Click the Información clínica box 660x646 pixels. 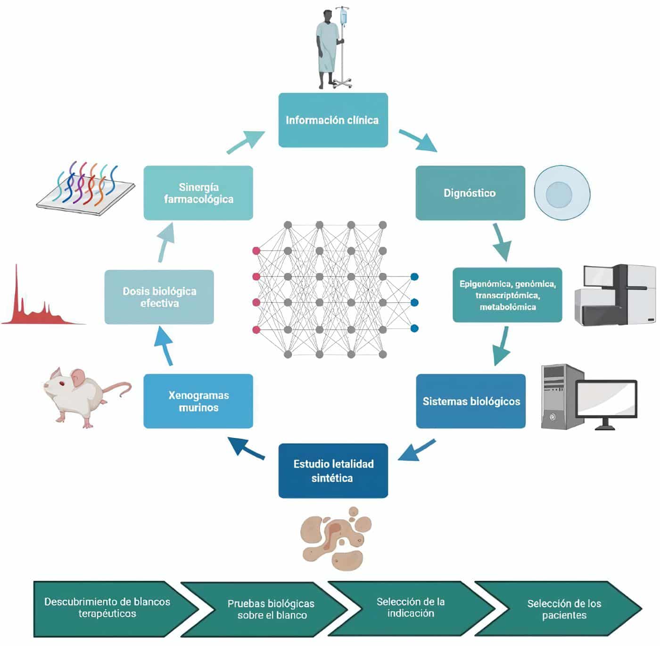coord(333,120)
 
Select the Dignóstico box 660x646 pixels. coord(470,193)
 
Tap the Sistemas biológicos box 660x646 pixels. coord(470,401)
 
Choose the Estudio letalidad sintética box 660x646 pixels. coord(333,470)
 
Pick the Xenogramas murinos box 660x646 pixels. coord(198,401)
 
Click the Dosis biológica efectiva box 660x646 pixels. coord(159,297)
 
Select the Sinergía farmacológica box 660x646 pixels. coord(198,193)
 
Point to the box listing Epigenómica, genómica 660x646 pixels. coord(507,295)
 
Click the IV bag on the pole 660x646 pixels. coord(344,18)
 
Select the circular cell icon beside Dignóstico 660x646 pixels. coord(561,193)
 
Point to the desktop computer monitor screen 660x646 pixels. coord(606,399)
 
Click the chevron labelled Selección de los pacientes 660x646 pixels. coord(561,609)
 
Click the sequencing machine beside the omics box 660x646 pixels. coord(615,295)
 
